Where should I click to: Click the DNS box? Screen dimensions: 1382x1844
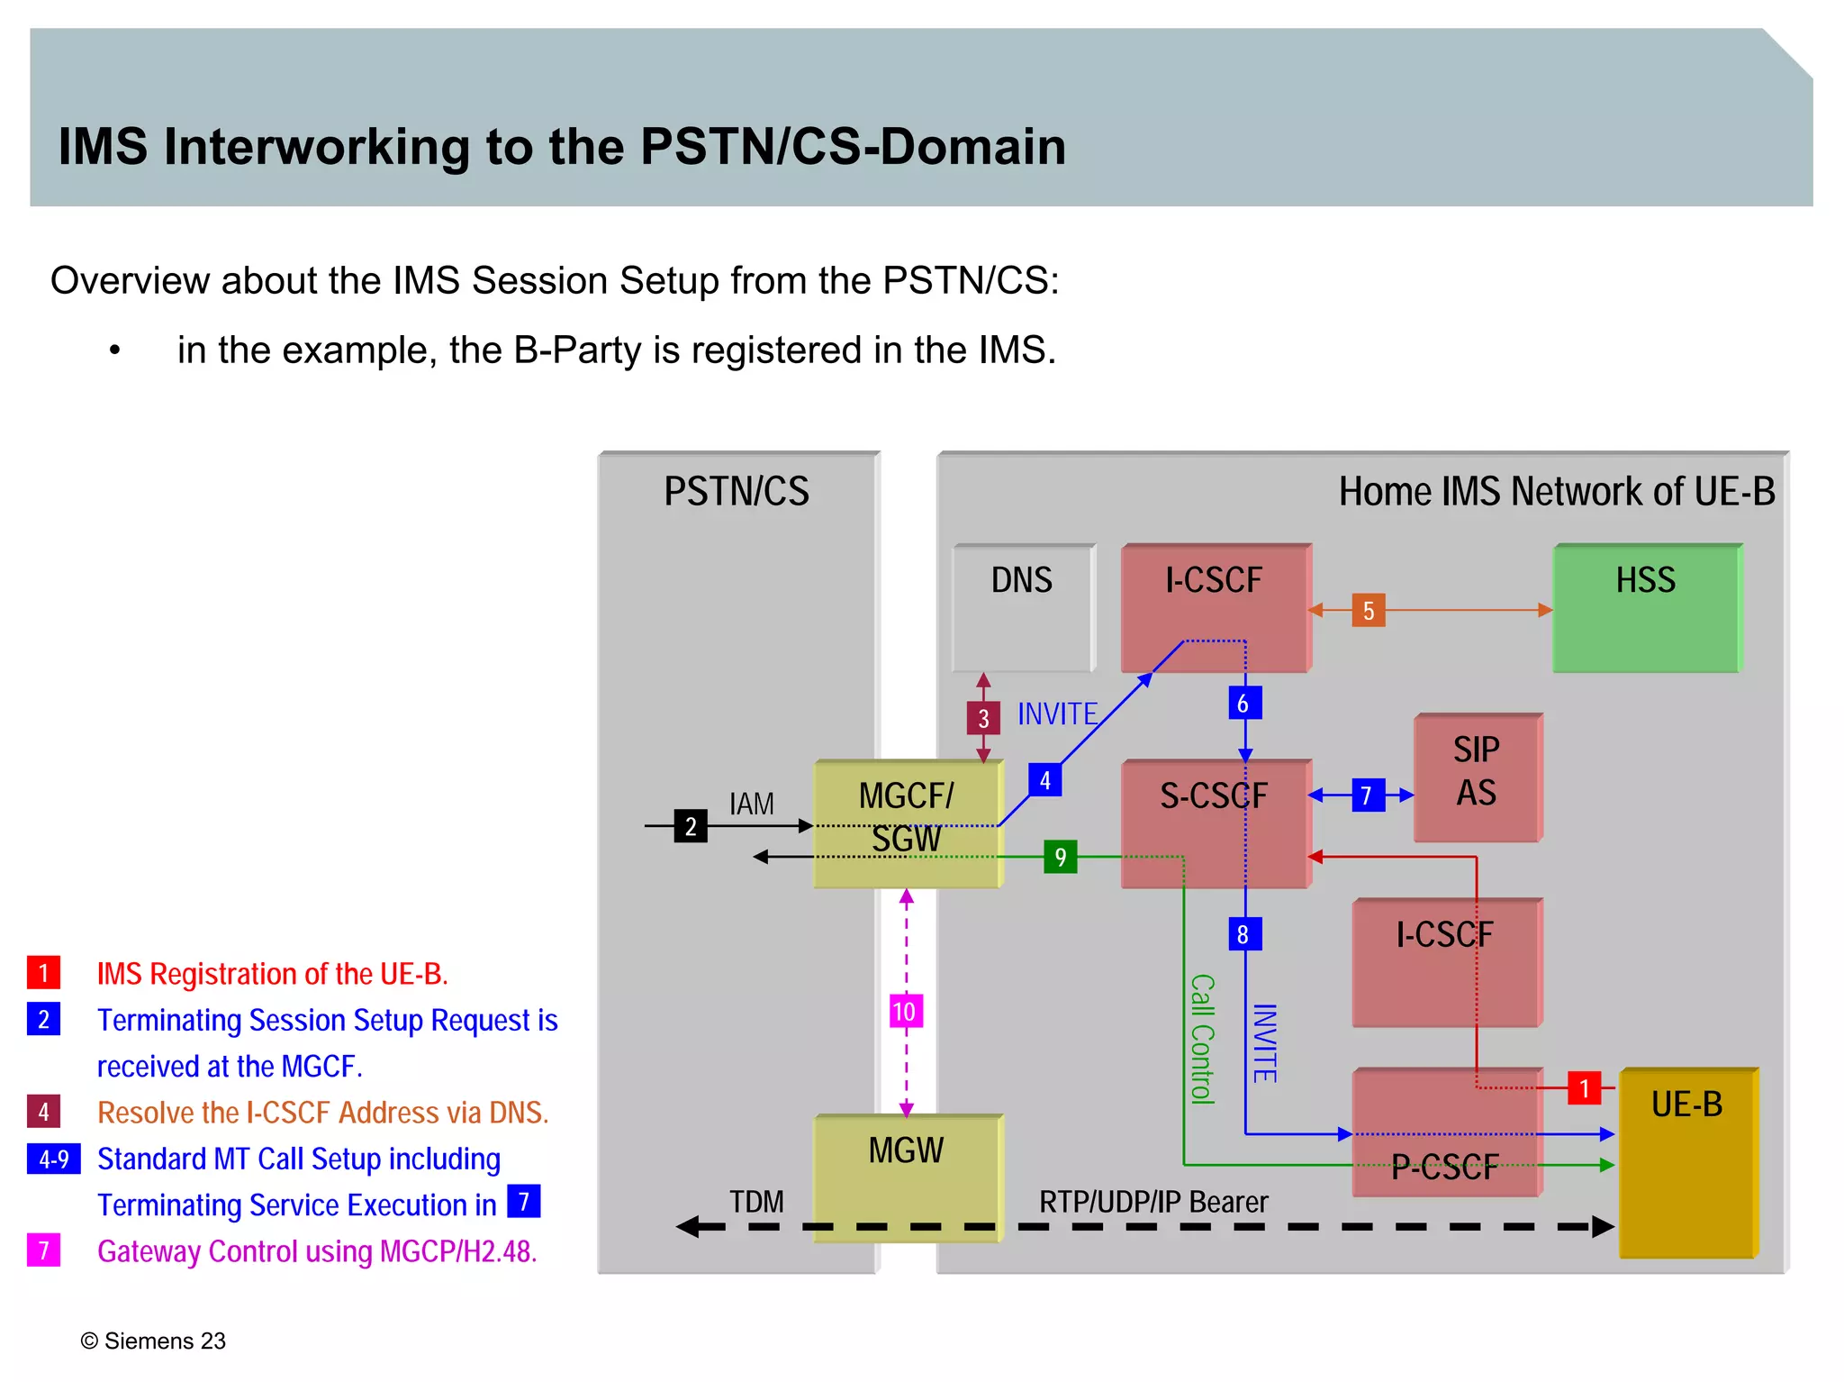[1023, 608]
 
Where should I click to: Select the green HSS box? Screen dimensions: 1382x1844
[1646, 608]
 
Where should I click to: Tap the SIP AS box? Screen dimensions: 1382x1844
[1477, 777]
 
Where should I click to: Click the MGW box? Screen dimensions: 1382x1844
[907, 1176]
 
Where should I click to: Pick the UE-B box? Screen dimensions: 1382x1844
[1687, 1162]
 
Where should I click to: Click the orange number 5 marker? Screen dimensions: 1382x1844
[1368, 611]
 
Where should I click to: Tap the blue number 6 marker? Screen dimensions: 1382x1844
[1244, 703]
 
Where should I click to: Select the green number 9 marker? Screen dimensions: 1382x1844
[1060, 857]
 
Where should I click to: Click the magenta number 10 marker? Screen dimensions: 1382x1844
[906, 1011]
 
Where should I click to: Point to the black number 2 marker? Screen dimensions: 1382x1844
[691, 826]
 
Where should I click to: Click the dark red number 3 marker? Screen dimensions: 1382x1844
[983, 718]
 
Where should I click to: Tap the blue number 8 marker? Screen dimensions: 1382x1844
[1244, 934]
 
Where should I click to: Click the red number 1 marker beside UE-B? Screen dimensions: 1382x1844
[1584, 1088]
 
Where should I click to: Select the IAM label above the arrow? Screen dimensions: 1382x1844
[752, 804]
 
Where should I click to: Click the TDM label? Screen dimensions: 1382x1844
[756, 1202]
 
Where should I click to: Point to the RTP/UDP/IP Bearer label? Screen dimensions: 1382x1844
[1152, 1202]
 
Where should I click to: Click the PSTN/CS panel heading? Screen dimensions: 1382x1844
[737, 492]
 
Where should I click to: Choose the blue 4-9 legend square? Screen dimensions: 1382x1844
[54, 1159]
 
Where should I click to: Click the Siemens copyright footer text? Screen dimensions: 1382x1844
[153, 1341]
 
